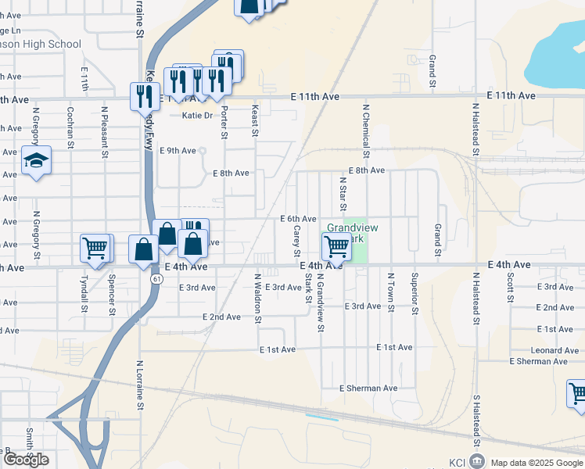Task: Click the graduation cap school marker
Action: click(36, 161)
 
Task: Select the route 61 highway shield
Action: click(158, 278)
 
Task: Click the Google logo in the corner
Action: click(26, 460)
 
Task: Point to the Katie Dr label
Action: click(197, 116)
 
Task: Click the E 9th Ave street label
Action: click(178, 151)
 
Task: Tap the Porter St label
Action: click(224, 124)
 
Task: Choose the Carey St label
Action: click(297, 242)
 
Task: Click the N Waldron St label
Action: click(257, 298)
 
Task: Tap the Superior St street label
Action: click(415, 292)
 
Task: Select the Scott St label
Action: click(510, 287)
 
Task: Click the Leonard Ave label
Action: click(554, 351)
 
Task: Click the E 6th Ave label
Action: click(298, 219)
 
